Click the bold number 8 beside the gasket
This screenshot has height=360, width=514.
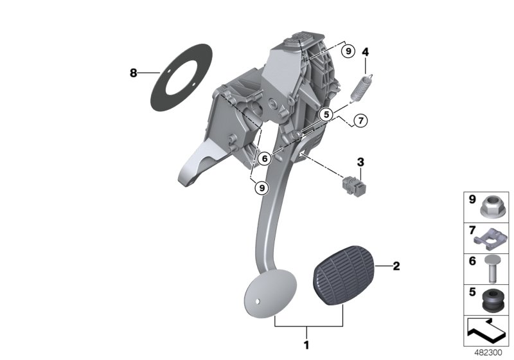[x=134, y=73]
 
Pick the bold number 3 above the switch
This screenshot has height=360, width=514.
[x=360, y=161]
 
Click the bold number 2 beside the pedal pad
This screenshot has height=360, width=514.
[x=396, y=265]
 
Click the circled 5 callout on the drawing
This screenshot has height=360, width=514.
[x=326, y=114]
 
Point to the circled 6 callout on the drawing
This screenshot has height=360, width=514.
[x=263, y=157]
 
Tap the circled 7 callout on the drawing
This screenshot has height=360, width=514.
[x=360, y=120]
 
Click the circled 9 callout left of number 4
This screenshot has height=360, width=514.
[x=348, y=50]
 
